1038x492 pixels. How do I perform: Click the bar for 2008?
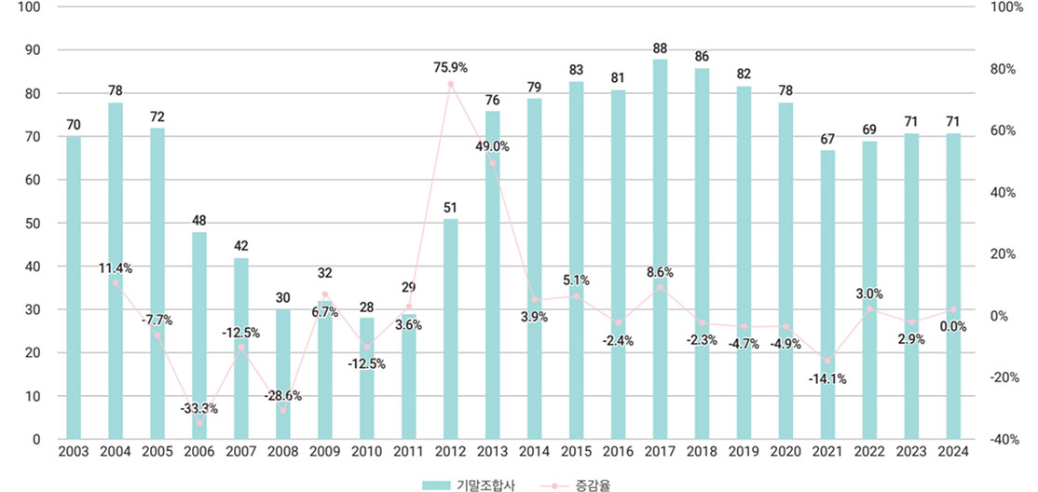[x=283, y=374]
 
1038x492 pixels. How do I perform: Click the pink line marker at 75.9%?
[x=451, y=84]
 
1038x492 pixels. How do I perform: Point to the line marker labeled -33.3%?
[x=199, y=423]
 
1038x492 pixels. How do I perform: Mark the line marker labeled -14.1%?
[x=827, y=362]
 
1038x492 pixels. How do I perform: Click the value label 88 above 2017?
[x=660, y=48]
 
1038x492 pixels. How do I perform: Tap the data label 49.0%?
[x=491, y=146]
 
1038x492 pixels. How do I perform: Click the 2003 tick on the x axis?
[x=74, y=452]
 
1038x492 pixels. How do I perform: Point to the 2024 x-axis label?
[x=953, y=452]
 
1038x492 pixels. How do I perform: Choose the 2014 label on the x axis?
[x=535, y=452]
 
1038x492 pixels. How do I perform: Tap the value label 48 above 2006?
[x=199, y=221]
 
